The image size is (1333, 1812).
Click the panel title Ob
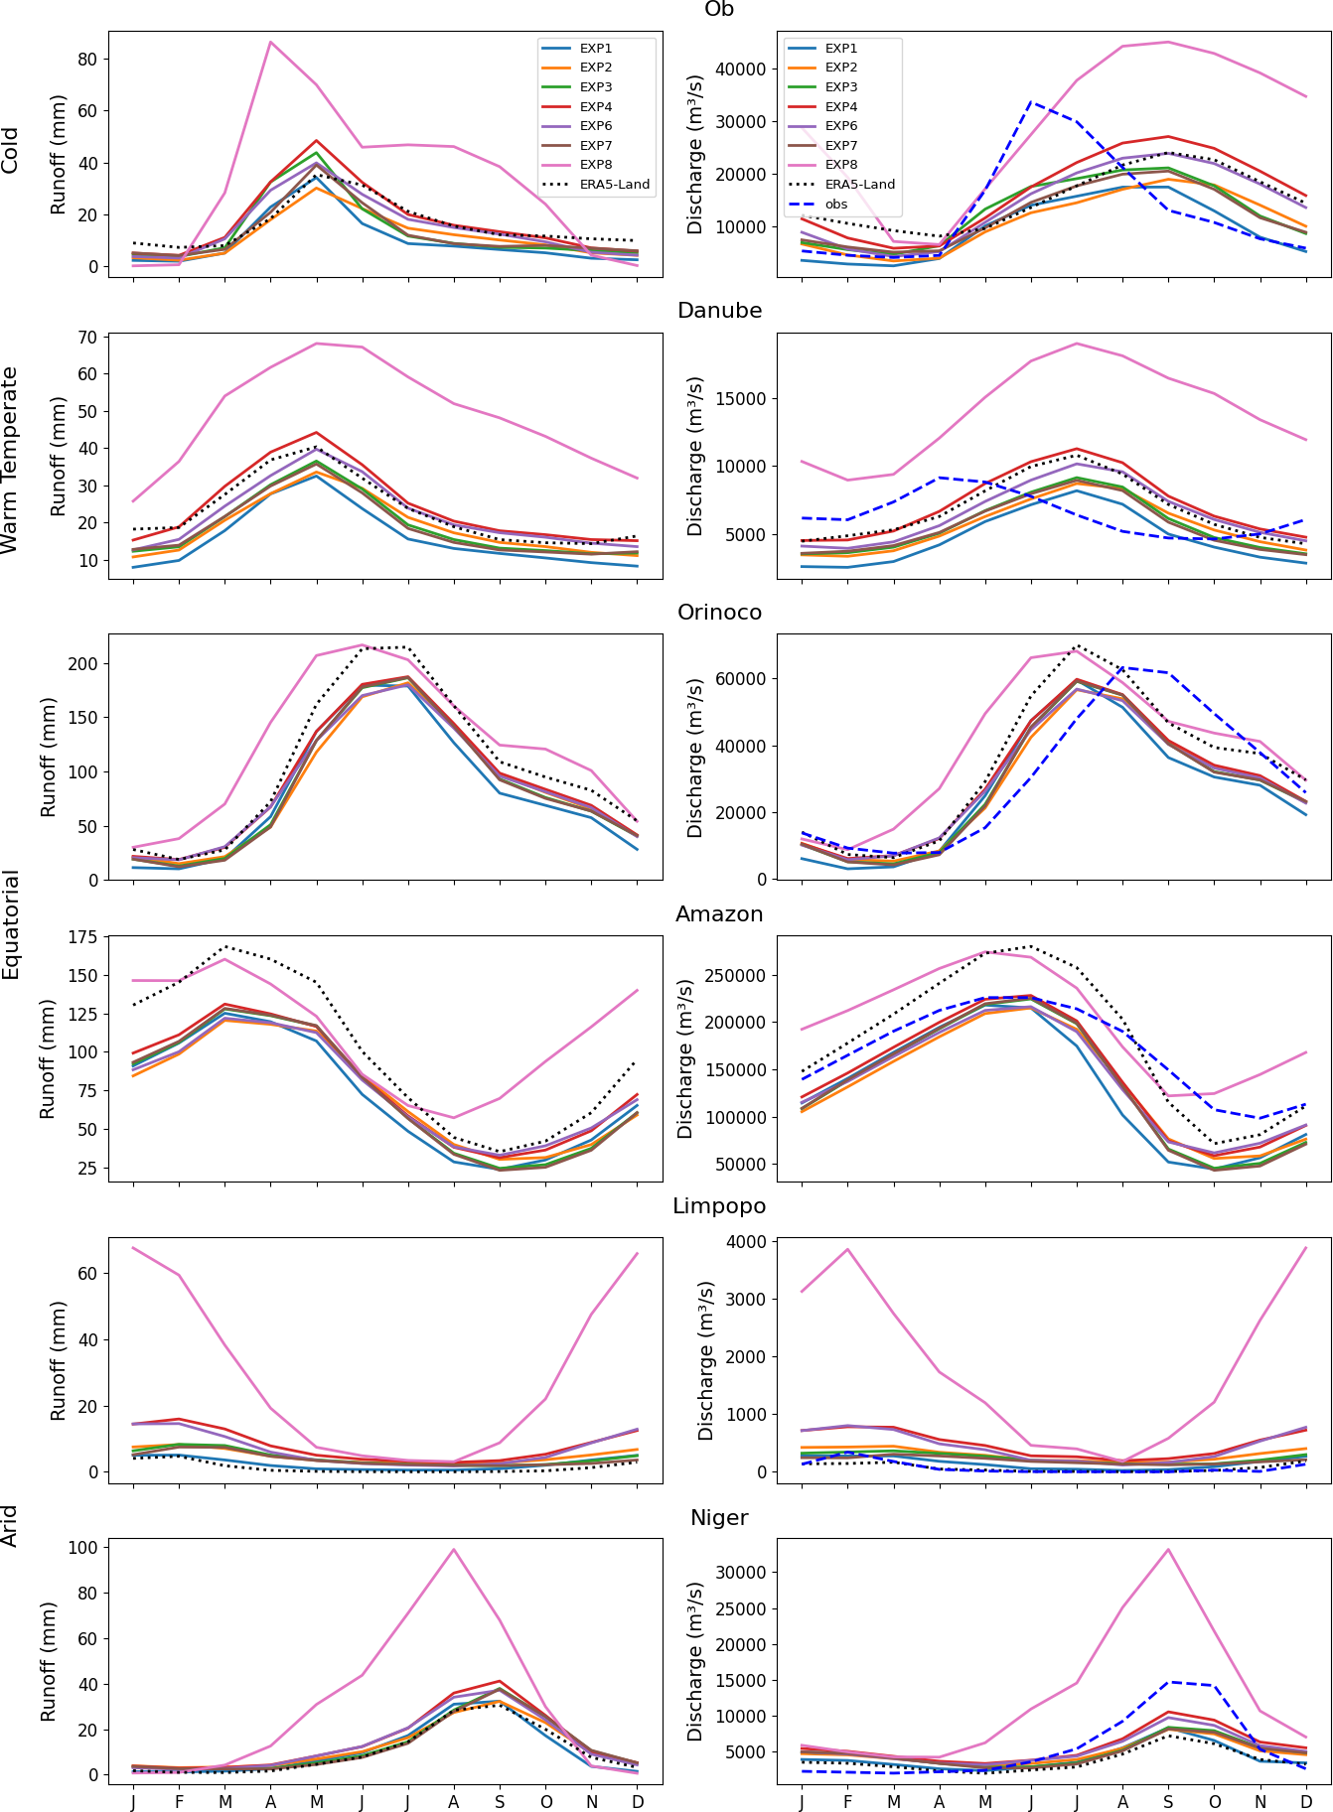click(x=718, y=9)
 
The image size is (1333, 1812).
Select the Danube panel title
click(x=719, y=311)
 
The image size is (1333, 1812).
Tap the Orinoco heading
click(x=719, y=613)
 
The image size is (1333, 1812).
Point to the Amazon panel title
click(x=719, y=914)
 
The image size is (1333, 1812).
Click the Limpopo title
click(x=719, y=1206)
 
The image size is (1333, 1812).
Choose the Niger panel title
click(x=719, y=1518)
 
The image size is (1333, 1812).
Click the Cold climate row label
click(x=11, y=151)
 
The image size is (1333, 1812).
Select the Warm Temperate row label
click(x=11, y=460)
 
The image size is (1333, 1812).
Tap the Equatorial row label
click(x=11, y=924)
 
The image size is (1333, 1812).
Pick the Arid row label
click(x=11, y=1525)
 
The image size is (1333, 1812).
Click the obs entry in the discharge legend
click(x=836, y=205)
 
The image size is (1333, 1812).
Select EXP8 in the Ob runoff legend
click(x=596, y=165)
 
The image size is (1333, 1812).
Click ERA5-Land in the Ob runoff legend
click(x=615, y=184)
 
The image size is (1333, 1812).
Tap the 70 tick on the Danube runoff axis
click(x=86, y=338)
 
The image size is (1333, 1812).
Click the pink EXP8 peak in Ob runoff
click(x=270, y=42)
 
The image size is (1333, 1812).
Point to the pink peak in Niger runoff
click(x=454, y=1550)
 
